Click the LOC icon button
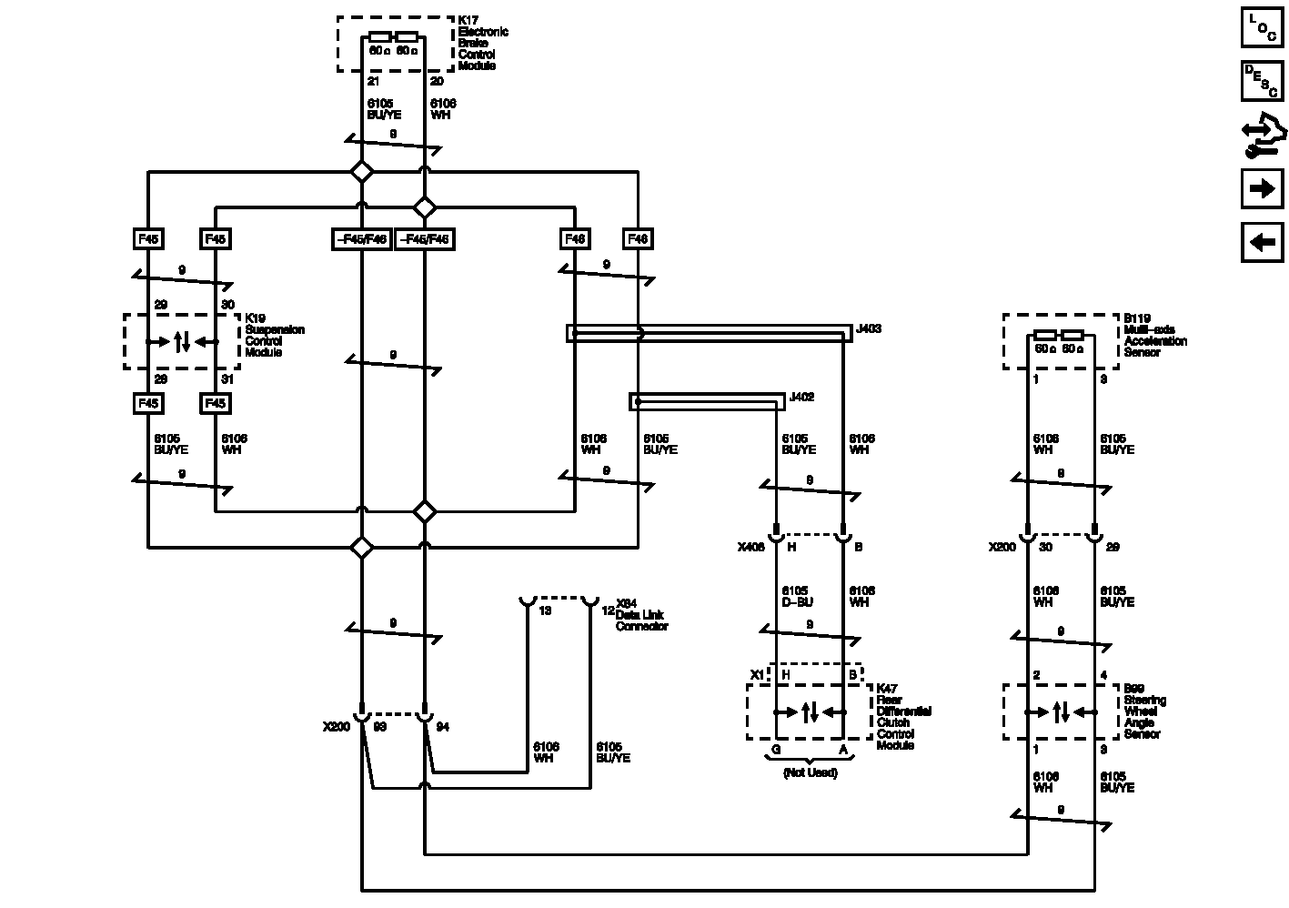point(1262,26)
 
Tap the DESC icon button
point(1262,81)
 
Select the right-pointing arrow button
point(1262,188)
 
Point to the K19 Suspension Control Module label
point(274,336)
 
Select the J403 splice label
point(869,328)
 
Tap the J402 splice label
point(801,397)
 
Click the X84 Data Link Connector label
point(641,615)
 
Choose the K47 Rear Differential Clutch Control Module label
point(903,717)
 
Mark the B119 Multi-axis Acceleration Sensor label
point(1154,335)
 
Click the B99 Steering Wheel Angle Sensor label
point(1144,711)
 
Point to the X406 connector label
point(750,548)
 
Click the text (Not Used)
point(809,772)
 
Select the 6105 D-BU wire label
point(796,597)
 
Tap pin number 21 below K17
point(373,82)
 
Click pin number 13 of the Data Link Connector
point(545,610)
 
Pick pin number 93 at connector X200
point(380,728)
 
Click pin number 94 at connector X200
point(443,728)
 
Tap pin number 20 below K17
point(437,82)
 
